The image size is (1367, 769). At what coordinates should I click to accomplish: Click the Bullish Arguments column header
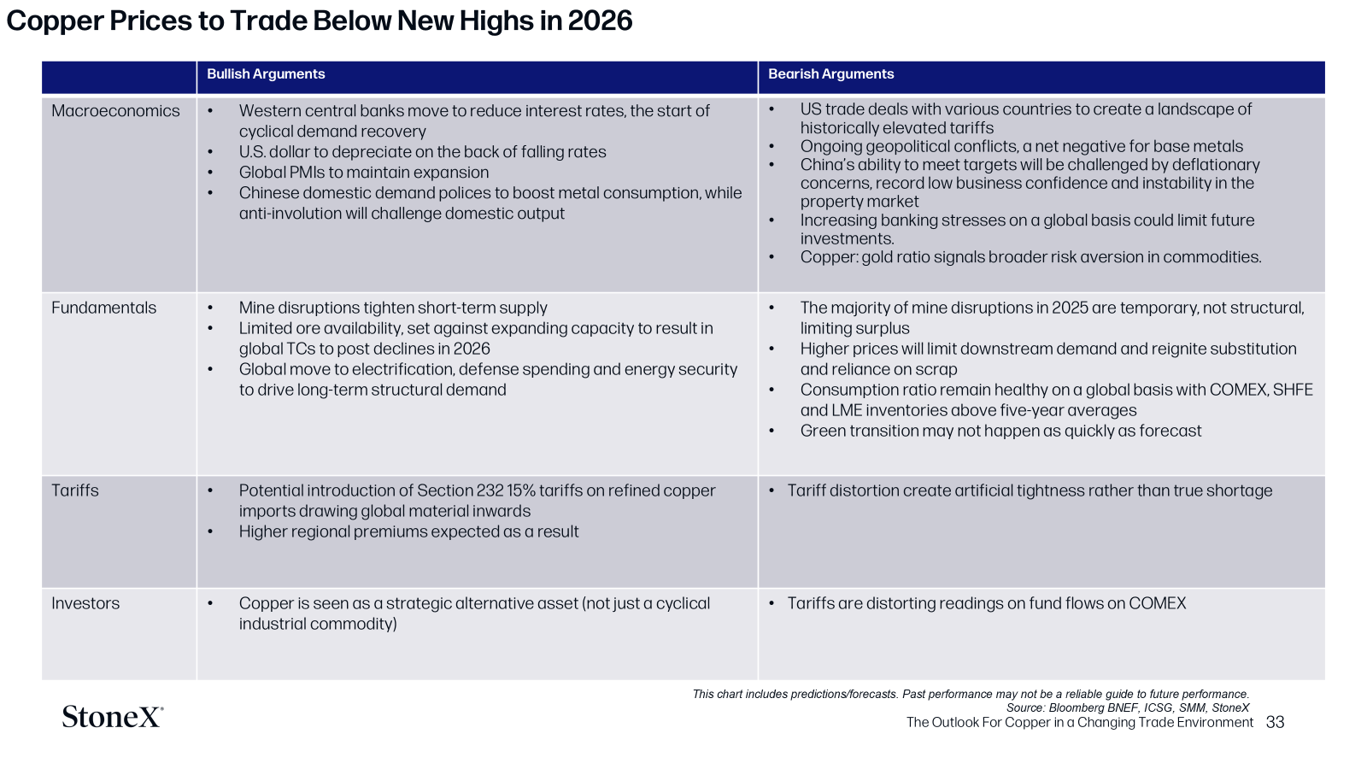click(266, 73)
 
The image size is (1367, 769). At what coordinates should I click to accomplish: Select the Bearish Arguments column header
click(830, 73)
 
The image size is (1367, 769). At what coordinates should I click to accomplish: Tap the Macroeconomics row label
click(115, 111)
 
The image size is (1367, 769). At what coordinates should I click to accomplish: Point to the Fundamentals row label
click(103, 308)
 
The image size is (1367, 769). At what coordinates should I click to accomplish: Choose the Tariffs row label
click(75, 490)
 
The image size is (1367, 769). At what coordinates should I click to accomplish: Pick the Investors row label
click(85, 603)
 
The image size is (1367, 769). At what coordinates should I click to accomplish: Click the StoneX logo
click(112, 717)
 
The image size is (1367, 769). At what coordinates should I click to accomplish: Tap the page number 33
click(1275, 723)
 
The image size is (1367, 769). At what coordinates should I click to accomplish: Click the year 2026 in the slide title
click(600, 21)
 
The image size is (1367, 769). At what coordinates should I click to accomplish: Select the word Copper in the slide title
click(55, 22)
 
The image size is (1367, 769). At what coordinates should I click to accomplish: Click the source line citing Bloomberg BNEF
click(1128, 708)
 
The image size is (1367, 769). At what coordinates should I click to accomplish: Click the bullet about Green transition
click(1000, 431)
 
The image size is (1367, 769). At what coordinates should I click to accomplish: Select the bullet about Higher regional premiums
click(408, 531)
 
